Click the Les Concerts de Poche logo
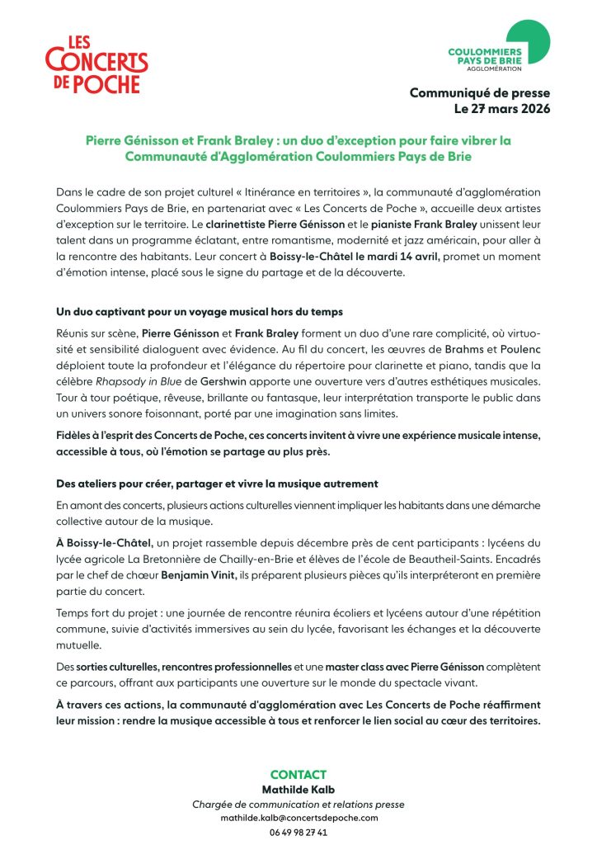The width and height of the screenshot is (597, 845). point(96,64)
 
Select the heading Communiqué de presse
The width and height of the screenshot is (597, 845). point(480,93)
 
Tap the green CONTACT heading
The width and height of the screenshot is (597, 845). point(298,774)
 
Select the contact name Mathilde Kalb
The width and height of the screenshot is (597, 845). point(298,790)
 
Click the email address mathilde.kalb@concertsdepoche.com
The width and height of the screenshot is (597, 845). point(298,818)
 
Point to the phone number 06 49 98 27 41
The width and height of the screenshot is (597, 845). point(298,832)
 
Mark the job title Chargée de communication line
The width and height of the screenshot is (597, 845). point(298,805)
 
